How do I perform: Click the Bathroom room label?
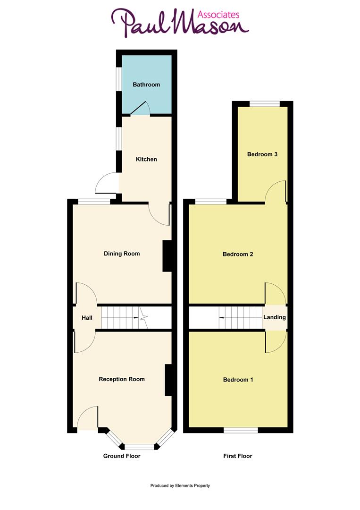pyautogui.click(x=146, y=85)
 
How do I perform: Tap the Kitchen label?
pyautogui.click(x=146, y=160)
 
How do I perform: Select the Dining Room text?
pyautogui.click(x=122, y=254)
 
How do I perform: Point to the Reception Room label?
pyautogui.click(x=122, y=379)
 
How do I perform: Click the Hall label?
pyautogui.click(x=87, y=318)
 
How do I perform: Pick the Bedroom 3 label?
pyautogui.click(x=262, y=154)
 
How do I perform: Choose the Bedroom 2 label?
pyautogui.click(x=238, y=255)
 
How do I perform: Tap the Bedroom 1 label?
pyautogui.click(x=238, y=380)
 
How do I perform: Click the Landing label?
pyautogui.click(x=275, y=317)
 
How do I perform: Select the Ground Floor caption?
pyautogui.click(x=122, y=456)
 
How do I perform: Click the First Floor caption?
pyautogui.click(x=238, y=456)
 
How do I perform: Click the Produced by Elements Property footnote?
pyautogui.click(x=180, y=485)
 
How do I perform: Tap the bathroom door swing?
pyautogui.click(x=141, y=109)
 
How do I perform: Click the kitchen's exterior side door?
pyautogui.click(x=106, y=183)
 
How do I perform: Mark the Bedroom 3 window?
pyautogui.click(x=264, y=104)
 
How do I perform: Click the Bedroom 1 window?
pyautogui.click(x=241, y=430)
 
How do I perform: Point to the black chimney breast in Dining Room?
pyautogui.click(x=167, y=256)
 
